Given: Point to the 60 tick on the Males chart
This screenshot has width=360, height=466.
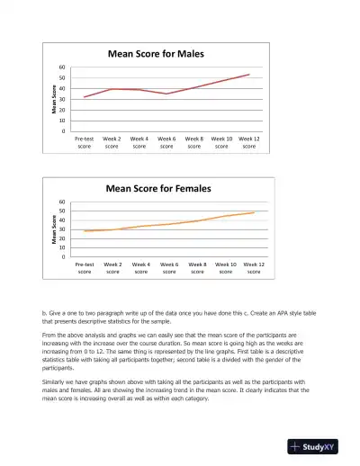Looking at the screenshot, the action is pyautogui.click(x=62, y=67).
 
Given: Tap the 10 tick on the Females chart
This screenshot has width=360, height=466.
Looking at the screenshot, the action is pyautogui.click(x=62, y=247).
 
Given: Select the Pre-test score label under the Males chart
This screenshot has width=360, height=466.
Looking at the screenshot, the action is pyautogui.click(x=84, y=142).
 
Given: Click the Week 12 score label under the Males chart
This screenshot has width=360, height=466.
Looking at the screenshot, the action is pyautogui.click(x=248, y=142).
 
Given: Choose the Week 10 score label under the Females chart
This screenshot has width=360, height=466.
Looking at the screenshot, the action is pyautogui.click(x=226, y=267).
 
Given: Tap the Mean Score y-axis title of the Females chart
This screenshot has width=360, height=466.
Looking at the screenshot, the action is pyautogui.click(x=53, y=229).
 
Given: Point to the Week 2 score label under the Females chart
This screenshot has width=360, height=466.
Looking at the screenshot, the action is pyautogui.click(x=112, y=267).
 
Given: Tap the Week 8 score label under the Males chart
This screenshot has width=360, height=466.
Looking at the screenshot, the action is pyautogui.click(x=193, y=142).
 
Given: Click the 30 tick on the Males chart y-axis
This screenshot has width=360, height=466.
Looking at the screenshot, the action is pyautogui.click(x=62, y=99).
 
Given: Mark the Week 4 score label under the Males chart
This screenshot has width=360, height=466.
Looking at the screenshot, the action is pyautogui.click(x=139, y=142).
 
